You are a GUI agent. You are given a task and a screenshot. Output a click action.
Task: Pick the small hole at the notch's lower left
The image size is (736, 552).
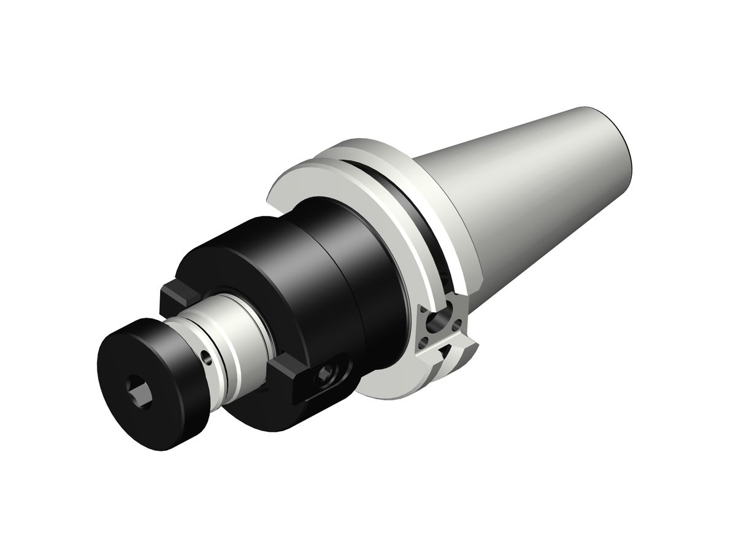[x=426, y=337]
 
